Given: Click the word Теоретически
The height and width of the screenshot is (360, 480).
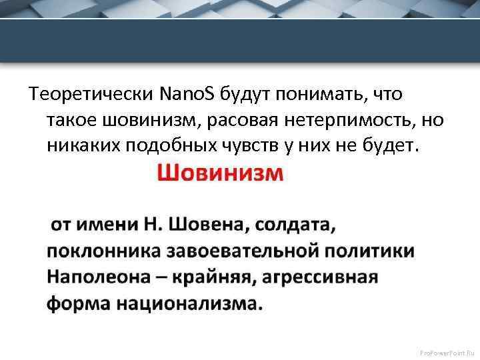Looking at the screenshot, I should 91,95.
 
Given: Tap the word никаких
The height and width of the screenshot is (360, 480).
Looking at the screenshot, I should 82,145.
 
